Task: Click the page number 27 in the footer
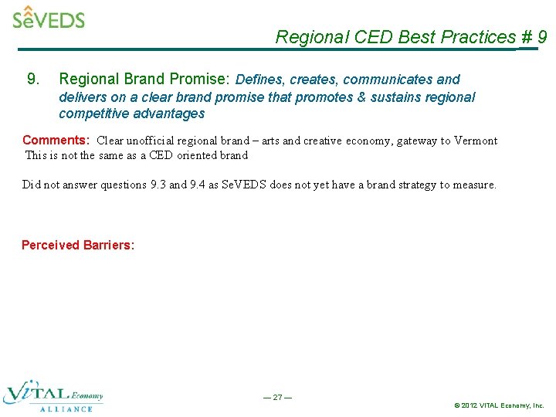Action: click(277, 397)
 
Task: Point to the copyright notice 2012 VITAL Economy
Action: click(500, 405)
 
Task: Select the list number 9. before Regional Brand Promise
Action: click(33, 79)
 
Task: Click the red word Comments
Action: click(55, 141)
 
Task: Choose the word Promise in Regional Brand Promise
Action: click(198, 79)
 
